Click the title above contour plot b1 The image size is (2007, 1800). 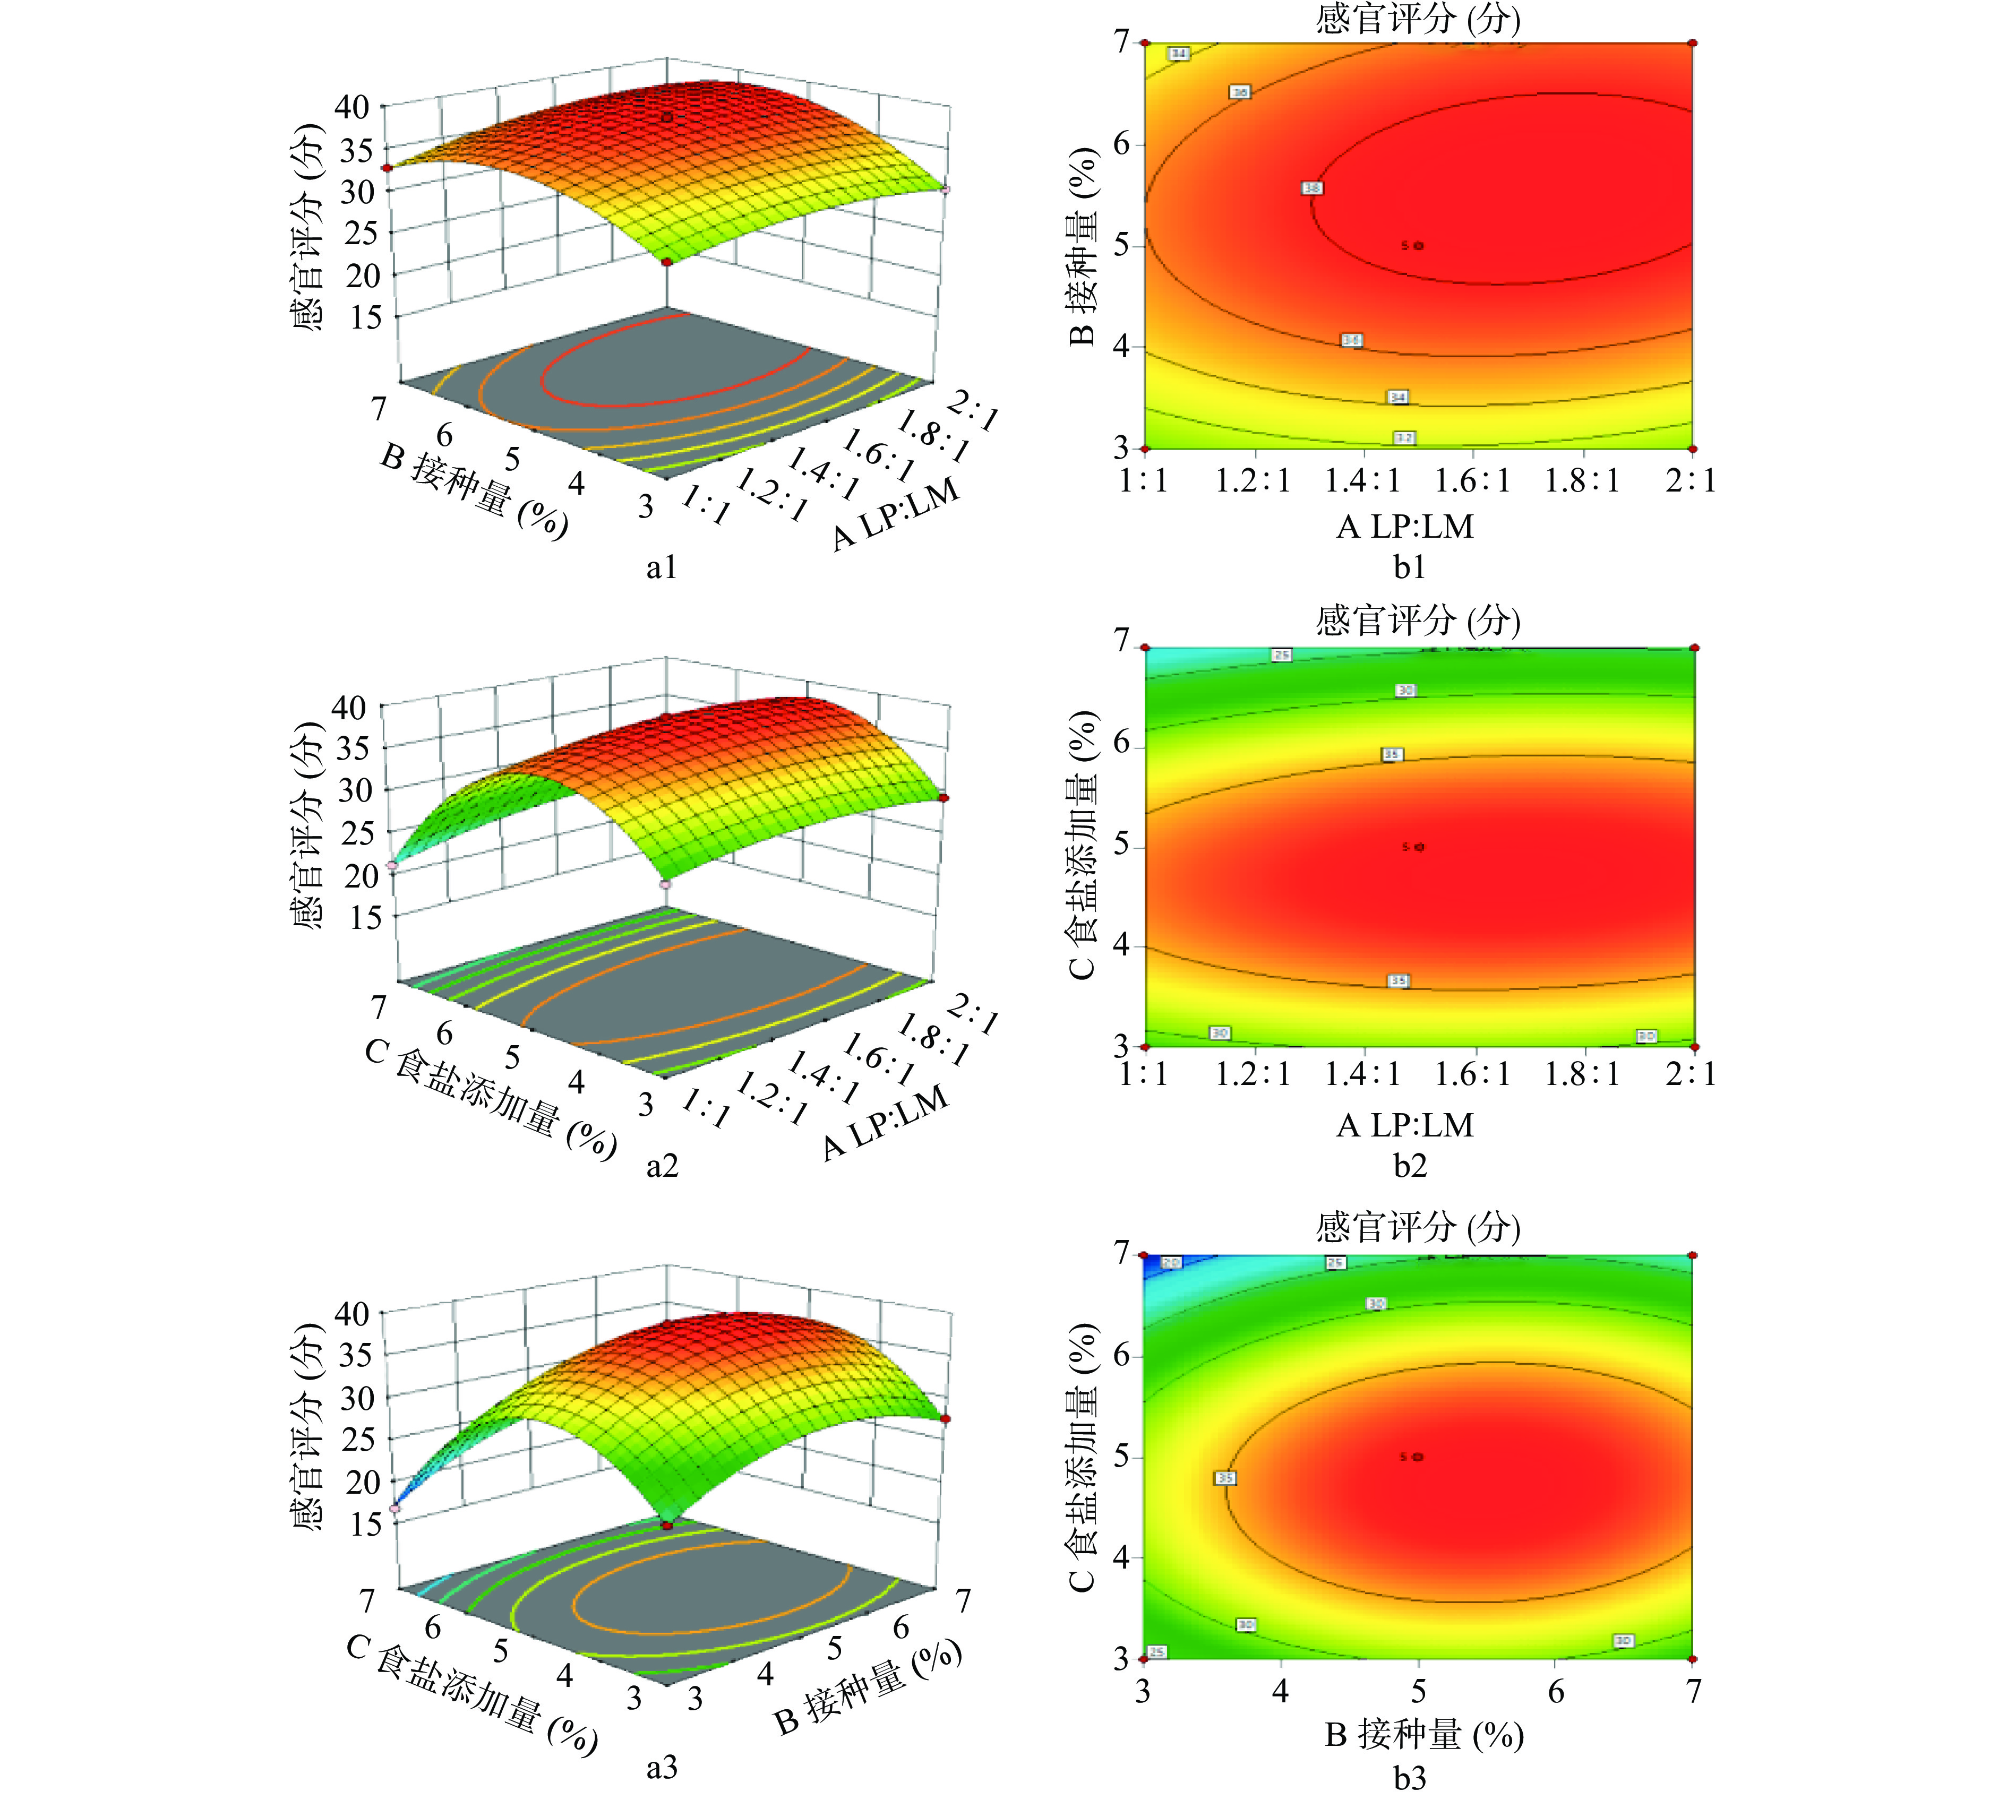pos(1418,18)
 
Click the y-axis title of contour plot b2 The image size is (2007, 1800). pos(1083,846)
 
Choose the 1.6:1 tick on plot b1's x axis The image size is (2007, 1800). pos(1473,481)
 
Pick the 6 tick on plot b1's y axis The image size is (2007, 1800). pos(1121,144)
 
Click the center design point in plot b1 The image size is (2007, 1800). pos(1419,245)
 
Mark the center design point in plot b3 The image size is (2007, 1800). pos(1419,1457)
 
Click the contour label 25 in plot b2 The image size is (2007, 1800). pos(1281,654)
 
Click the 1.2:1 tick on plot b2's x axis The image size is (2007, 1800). pos(1253,1074)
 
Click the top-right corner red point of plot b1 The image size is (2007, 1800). pos(1693,42)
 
